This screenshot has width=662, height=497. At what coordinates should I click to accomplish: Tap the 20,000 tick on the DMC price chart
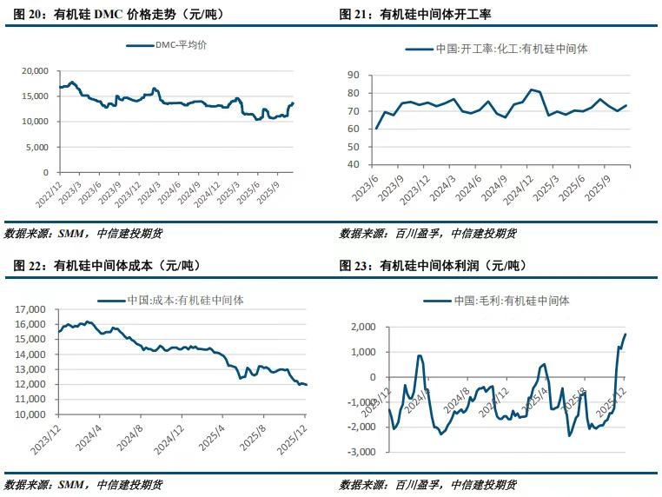[32, 70]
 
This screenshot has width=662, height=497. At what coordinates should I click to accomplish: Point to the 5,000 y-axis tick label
[35, 148]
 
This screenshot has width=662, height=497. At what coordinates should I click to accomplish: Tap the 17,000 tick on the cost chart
[30, 309]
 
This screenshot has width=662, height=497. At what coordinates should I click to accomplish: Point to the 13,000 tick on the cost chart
[30, 369]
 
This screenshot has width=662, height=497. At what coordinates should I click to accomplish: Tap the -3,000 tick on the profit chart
[360, 453]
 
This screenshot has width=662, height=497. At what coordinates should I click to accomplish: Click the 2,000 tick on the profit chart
[362, 327]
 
